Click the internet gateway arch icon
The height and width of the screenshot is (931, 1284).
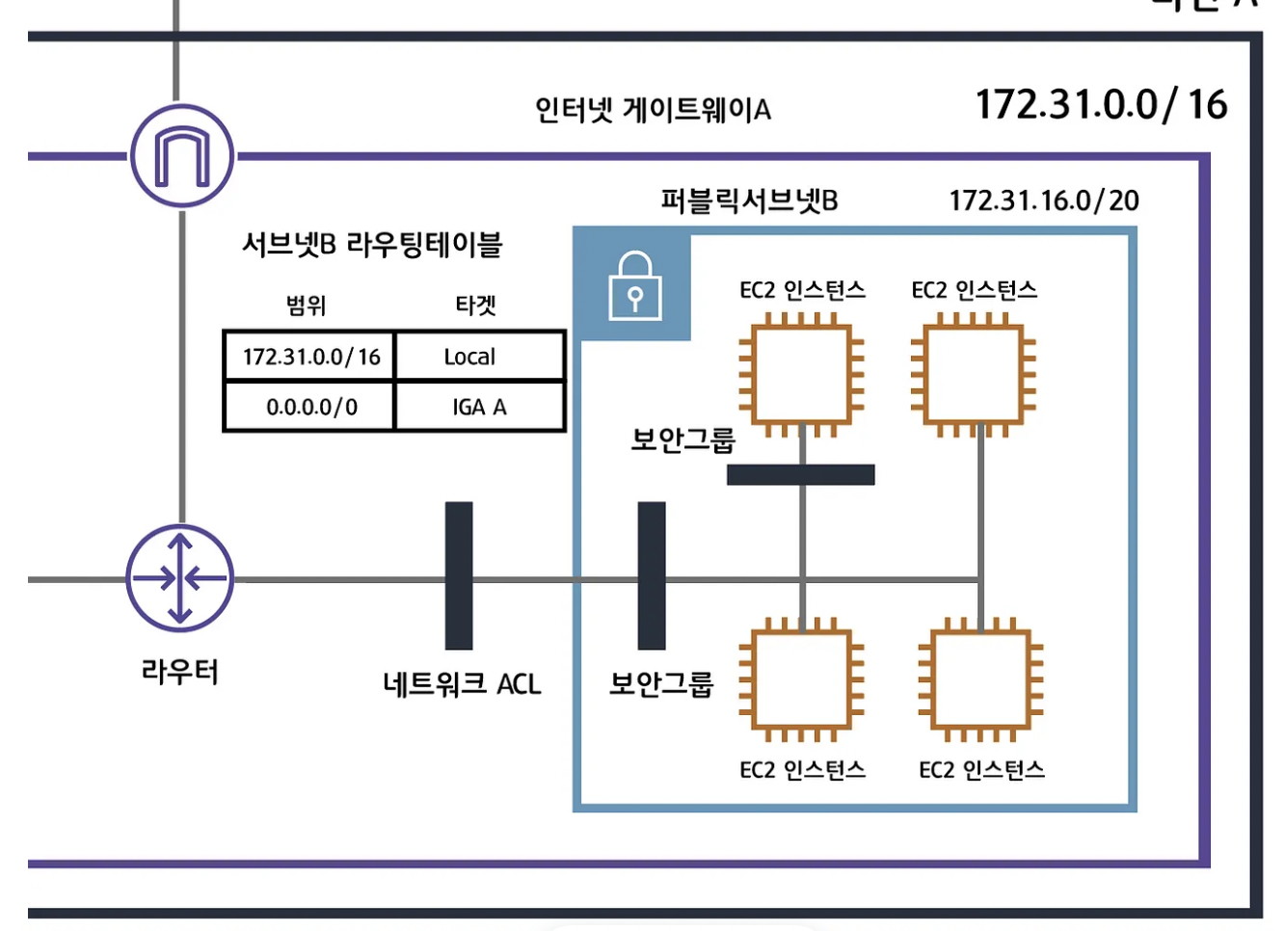pyautogui.click(x=182, y=155)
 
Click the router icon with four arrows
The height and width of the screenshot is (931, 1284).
pyautogui.click(x=180, y=578)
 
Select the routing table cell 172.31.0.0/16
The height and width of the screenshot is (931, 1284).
pyautogui.click(x=310, y=357)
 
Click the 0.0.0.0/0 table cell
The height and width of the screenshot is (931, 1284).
pyautogui.click(x=310, y=407)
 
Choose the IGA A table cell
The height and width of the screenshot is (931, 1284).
pyautogui.click(x=479, y=407)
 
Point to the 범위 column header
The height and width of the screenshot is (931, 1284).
pyautogui.click(x=307, y=306)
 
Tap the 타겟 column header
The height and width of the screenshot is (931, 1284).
pyautogui.click(x=475, y=306)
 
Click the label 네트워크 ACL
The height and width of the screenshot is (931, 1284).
pyautogui.click(x=462, y=684)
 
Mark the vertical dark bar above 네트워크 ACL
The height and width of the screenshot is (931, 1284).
pyautogui.click(x=459, y=575)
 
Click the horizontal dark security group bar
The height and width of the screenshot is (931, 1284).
pyautogui.click(x=800, y=474)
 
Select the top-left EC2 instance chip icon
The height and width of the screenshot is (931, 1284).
pyautogui.click(x=801, y=374)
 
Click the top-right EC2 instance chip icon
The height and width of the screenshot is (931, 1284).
pyautogui.click(x=974, y=374)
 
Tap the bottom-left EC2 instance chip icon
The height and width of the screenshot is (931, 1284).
pyautogui.click(x=801, y=679)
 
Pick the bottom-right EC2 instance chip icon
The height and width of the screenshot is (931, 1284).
pyautogui.click(x=980, y=679)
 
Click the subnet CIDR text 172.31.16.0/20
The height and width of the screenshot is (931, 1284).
pyautogui.click(x=1043, y=200)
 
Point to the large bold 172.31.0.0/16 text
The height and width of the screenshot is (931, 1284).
pyautogui.click(x=1101, y=104)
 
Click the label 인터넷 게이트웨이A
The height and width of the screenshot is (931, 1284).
pyautogui.click(x=653, y=110)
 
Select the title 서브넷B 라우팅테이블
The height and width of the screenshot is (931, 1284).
pyautogui.click(x=372, y=244)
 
